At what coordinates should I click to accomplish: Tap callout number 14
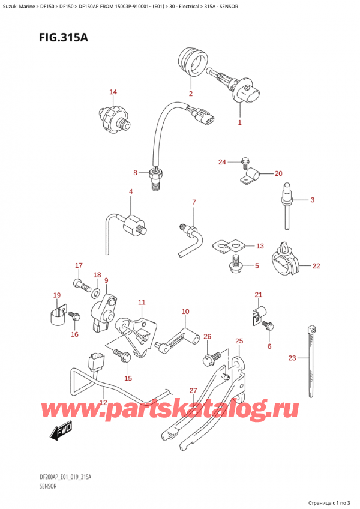(113, 92)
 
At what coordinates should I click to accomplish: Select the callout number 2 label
(190, 94)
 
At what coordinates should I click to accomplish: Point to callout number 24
(221, 162)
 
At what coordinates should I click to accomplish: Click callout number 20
(278, 173)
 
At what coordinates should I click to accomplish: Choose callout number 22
(316, 265)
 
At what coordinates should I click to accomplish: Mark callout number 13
(259, 246)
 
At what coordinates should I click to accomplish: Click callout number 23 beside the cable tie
(292, 358)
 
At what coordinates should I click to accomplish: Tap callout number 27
(193, 391)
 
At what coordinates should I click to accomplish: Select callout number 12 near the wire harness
(103, 403)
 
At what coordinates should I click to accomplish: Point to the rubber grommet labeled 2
(193, 62)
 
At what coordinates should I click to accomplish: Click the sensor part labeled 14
(113, 115)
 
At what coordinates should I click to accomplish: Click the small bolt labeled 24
(244, 161)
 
